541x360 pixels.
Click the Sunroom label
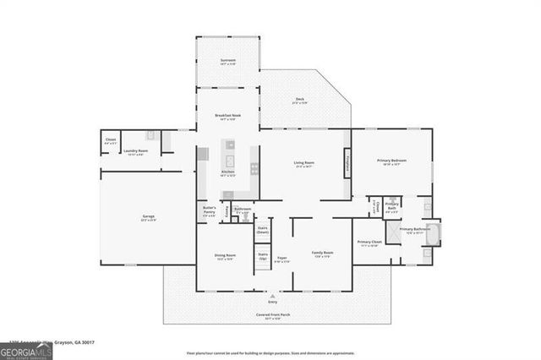[x=227, y=62]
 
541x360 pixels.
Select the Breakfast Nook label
[x=227, y=117]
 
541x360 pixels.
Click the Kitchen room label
[x=228, y=173]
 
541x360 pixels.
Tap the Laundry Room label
[x=135, y=153]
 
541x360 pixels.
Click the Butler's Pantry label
[x=210, y=210]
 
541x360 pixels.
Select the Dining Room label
[x=226, y=257]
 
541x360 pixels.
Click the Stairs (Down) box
[x=263, y=229]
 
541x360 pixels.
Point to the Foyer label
[x=282, y=259]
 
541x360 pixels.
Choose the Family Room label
[x=322, y=254]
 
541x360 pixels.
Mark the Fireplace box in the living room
[x=347, y=161]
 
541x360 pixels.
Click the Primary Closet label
[x=369, y=244]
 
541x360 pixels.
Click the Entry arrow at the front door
[x=272, y=297]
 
